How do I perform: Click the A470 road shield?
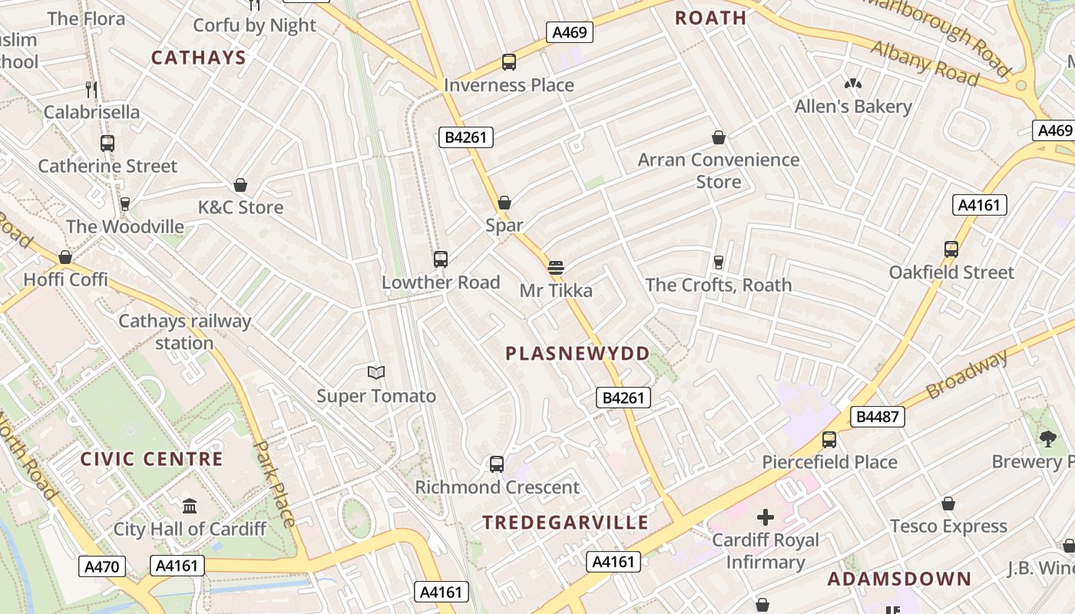(x=101, y=567)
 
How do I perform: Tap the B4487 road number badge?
(x=877, y=417)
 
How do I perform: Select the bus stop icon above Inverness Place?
(x=508, y=62)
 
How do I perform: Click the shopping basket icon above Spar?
(x=504, y=203)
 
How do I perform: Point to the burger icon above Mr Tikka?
(x=556, y=268)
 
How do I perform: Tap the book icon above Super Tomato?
(x=375, y=373)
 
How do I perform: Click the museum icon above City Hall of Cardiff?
(x=190, y=506)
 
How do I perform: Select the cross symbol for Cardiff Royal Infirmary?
(x=766, y=517)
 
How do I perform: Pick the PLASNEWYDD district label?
(x=577, y=354)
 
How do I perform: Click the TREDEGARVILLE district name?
(x=565, y=523)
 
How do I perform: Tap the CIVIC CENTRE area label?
(x=152, y=460)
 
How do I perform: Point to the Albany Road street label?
(x=925, y=64)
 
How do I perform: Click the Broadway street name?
(x=967, y=375)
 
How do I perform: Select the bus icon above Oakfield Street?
(x=951, y=249)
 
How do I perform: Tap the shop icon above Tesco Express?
(x=948, y=503)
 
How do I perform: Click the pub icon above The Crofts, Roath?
(x=719, y=262)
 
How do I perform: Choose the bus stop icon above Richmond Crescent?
(x=497, y=464)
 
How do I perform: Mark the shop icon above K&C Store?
(x=240, y=185)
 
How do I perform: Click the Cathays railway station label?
(x=184, y=332)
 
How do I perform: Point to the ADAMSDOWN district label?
(x=899, y=579)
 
